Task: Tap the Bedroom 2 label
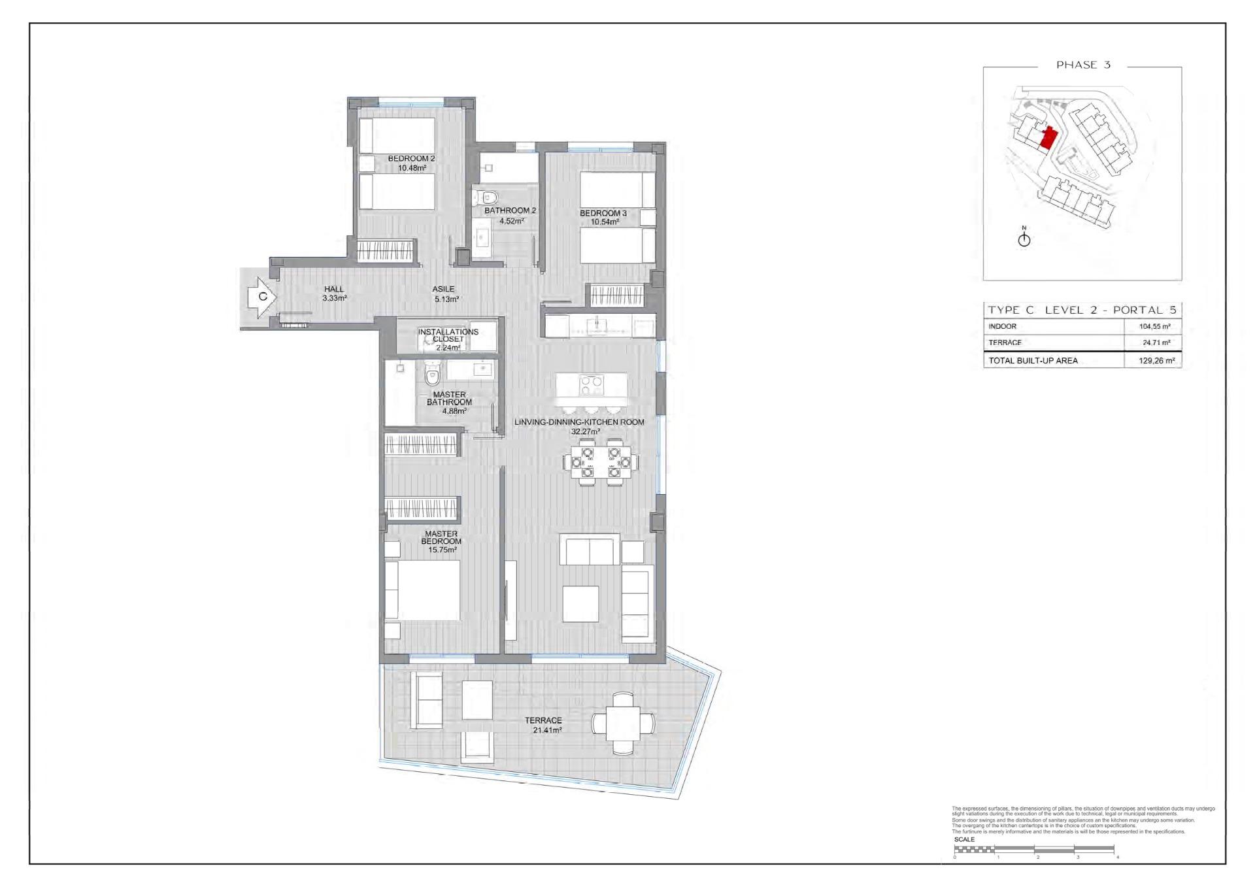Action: (x=411, y=159)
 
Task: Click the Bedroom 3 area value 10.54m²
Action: (x=605, y=222)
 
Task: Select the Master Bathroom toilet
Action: (x=432, y=376)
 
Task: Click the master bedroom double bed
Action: (x=422, y=590)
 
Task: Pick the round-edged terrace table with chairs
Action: (x=623, y=724)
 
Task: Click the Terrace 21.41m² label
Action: (x=544, y=726)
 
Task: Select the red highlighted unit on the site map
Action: (x=1048, y=139)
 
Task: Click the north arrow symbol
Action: (x=1024, y=239)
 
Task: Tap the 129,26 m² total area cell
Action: (x=1156, y=360)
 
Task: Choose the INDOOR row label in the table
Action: (x=1003, y=326)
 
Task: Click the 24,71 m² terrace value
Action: (x=1156, y=343)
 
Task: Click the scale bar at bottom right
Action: (x=1034, y=849)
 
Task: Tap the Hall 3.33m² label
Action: (x=334, y=293)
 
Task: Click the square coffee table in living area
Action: (x=580, y=603)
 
